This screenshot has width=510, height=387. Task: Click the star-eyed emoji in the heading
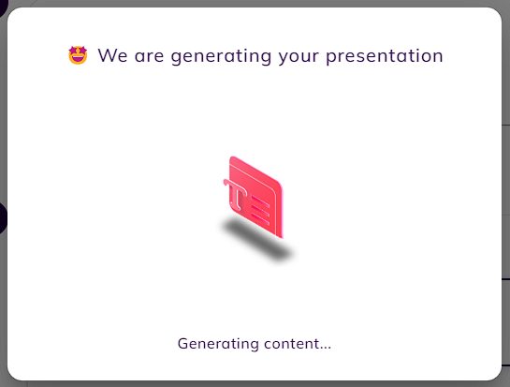point(78,55)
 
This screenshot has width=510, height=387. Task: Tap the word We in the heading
point(112,55)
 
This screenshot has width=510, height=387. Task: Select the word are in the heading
point(149,56)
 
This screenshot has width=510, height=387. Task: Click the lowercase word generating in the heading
point(221,56)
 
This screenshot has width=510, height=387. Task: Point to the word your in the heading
point(299,57)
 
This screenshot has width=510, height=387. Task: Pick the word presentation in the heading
point(385,56)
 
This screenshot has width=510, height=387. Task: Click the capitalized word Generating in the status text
point(218,344)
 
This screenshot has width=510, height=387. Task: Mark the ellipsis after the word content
point(326,348)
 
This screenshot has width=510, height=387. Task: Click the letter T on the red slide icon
point(236,195)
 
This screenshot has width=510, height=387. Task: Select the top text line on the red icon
point(260,201)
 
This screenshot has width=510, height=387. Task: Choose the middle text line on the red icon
point(260,210)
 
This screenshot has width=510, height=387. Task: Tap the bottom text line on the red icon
point(260,219)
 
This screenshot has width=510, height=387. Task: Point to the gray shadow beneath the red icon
point(257,240)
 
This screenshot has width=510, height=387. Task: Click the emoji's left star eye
point(73,52)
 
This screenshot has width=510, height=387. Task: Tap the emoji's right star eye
point(82,51)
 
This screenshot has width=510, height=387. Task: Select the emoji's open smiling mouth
point(78,59)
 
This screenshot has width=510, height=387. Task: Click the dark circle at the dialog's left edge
point(3,217)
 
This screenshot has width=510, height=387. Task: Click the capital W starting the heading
point(107,55)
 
